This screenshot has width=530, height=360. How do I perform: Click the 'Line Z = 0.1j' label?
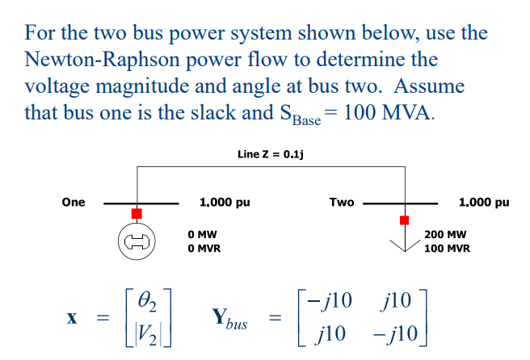(270, 153)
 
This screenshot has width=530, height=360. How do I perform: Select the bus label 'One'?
(74, 202)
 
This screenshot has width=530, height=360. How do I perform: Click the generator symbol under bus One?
(136, 241)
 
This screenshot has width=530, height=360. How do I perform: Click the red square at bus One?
(137, 213)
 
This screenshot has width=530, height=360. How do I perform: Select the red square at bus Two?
(404, 220)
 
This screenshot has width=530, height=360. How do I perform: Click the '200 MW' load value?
(445, 233)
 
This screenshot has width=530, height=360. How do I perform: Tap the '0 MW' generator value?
(200, 233)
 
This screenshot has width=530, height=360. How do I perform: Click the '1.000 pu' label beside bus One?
(224, 202)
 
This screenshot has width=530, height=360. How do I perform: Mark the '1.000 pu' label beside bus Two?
(483, 202)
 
